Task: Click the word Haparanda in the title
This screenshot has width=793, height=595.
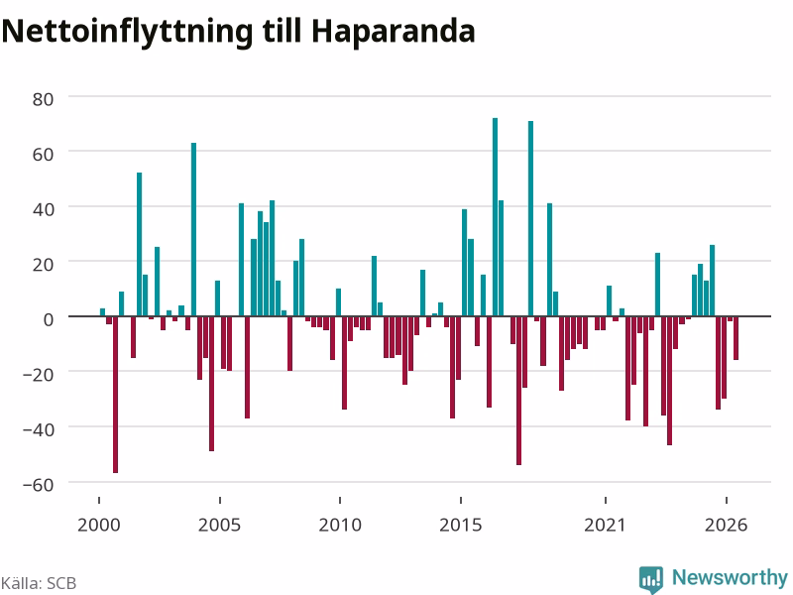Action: point(393,32)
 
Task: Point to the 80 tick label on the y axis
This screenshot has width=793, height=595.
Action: point(43,99)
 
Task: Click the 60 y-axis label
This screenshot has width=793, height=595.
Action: point(43,155)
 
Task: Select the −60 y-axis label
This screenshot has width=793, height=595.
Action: point(38,485)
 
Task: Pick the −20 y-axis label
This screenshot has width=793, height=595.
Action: point(38,375)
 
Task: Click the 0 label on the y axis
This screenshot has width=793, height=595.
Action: point(48,319)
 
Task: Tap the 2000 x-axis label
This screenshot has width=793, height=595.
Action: point(98,525)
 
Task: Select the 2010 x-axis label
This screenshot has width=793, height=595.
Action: point(340,525)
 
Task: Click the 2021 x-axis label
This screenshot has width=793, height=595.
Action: point(605,525)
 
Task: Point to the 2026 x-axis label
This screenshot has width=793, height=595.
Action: point(726,525)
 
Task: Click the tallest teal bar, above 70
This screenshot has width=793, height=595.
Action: point(495,217)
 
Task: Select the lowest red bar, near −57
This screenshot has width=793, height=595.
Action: point(115,395)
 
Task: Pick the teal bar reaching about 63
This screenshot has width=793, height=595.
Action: point(193,230)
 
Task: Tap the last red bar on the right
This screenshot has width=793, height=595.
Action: point(736,338)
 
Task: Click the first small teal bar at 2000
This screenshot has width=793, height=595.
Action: point(103,312)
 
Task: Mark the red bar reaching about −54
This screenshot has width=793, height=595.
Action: point(518,391)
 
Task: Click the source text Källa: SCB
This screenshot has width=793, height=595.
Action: point(39,583)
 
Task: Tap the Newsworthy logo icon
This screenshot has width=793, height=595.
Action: point(651,579)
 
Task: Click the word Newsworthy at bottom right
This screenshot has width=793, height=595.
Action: point(730,577)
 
